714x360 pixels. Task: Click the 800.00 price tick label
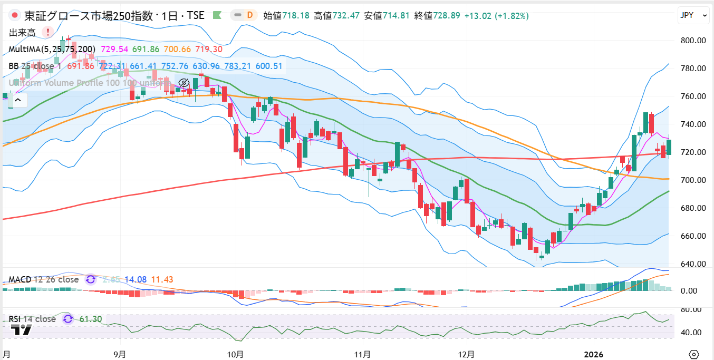(693, 40)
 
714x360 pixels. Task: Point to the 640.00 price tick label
(693, 264)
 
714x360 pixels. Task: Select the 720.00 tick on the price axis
(693, 152)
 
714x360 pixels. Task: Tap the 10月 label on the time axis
(236, 354)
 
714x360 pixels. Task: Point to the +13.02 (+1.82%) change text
(496, 16)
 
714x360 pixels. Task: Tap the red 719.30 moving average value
(208, 49)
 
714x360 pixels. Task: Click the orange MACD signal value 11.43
(162, 279)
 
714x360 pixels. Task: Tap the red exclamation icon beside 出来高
(49, 33)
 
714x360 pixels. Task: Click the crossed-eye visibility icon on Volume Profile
(184, 83)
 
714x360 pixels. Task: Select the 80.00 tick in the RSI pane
(695, 310)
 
